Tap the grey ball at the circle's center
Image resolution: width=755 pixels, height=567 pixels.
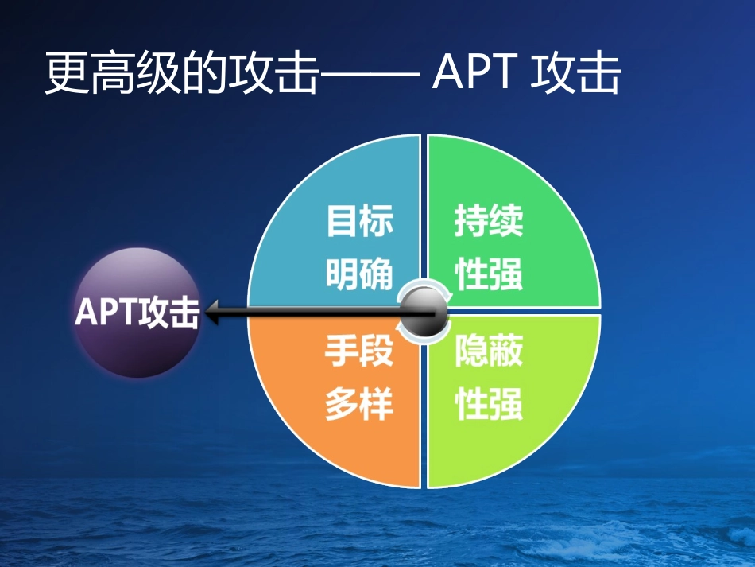[422, 312]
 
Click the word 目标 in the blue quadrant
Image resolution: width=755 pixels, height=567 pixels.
[360, 222]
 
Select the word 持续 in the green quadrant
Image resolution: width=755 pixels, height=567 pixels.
[489, 222]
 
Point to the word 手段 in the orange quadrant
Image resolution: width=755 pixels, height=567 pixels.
[360, 351]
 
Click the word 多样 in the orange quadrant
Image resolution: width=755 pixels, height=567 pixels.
[360, 405]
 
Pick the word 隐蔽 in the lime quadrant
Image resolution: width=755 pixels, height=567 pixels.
[489, 351]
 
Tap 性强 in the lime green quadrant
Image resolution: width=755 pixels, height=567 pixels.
[489, 405]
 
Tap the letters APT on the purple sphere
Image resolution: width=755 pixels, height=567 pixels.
[105, 312]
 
